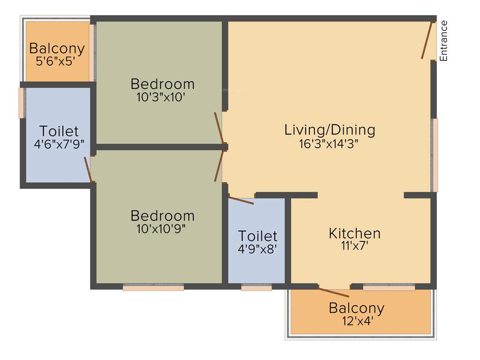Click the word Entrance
443,41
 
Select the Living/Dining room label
330,130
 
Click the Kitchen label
354,233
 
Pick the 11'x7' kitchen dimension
354,246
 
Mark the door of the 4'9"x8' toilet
241,200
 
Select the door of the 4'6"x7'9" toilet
88,169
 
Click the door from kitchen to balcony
334,292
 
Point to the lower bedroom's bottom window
153,287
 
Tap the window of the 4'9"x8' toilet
256,287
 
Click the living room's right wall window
435,155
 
